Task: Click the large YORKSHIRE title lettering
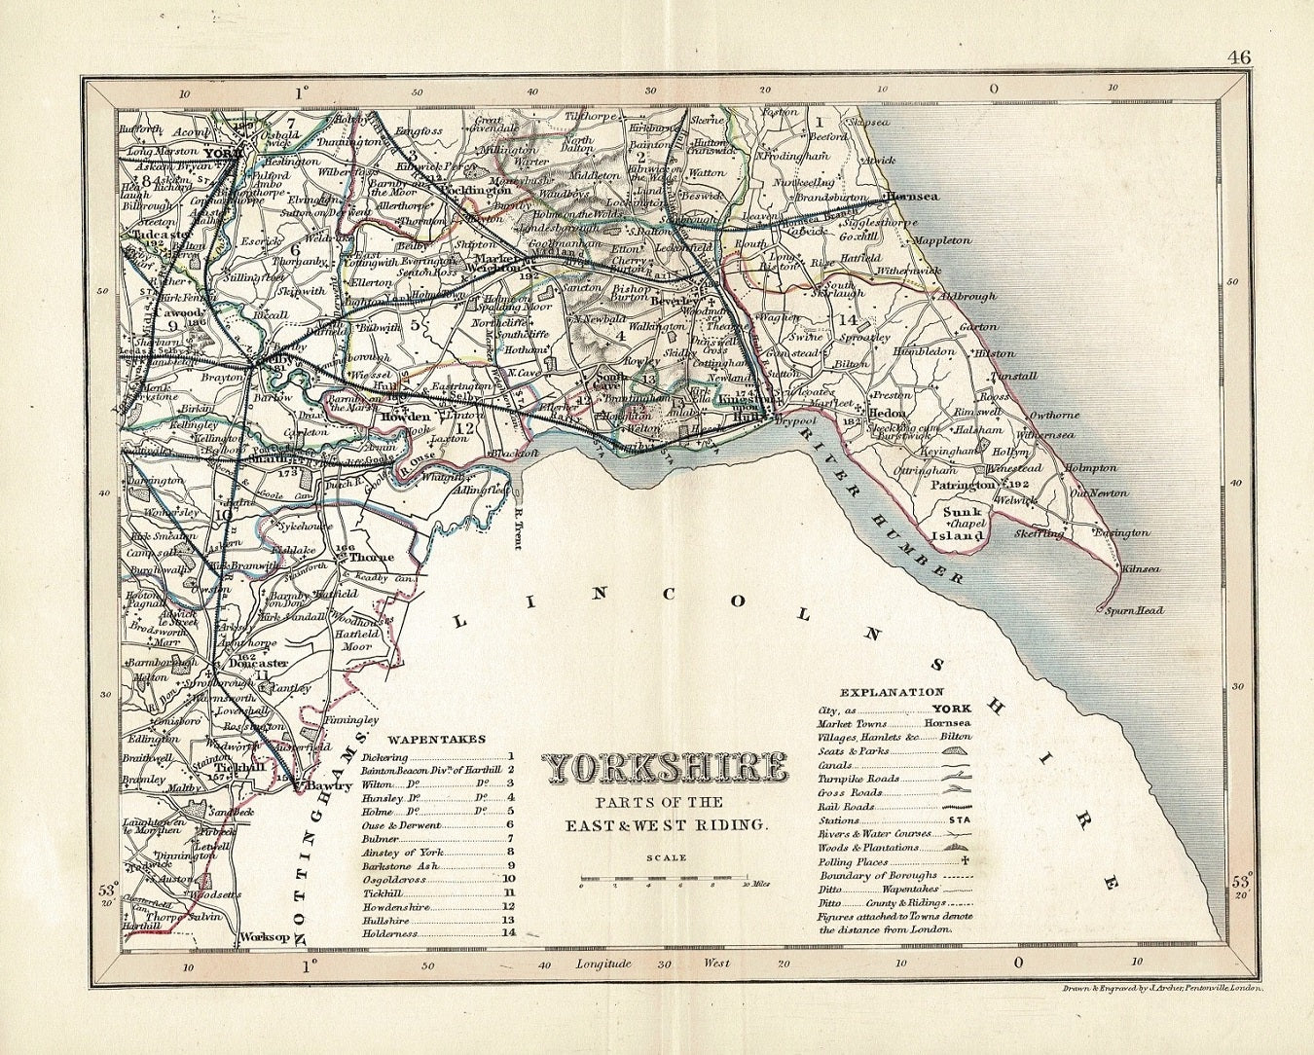[x=665, y=769]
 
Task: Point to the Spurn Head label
[x=1135, y=611]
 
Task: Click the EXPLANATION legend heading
[x=879, y=693]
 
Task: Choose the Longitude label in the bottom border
[x=603, y=964]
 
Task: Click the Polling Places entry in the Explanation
[x=854, y=861]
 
